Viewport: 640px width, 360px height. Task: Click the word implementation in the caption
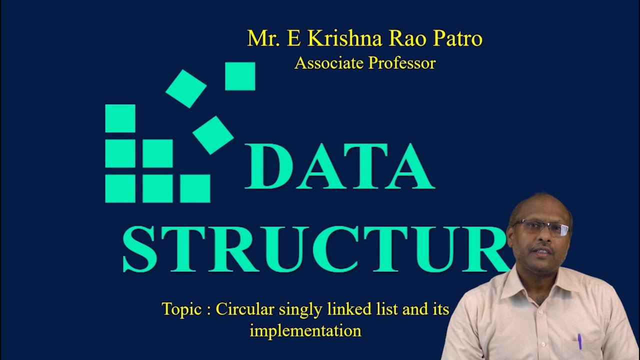pyautogui.click(x=305, y=330)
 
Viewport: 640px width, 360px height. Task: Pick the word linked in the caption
pyautogui.click(x=349, y=309)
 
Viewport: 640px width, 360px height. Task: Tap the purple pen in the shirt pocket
pyautogui.click(x=579, y=341)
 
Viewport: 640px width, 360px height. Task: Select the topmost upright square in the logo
pyautogui.click(x=240, y=76)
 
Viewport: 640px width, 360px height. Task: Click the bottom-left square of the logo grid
pyautogui.click(x=120, y=188)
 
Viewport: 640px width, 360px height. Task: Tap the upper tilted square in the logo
pyautogui.click(x=186, y=88)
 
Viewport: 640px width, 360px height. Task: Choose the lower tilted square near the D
pyautogui.click(x=213, y=135)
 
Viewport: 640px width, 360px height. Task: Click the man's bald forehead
pyautogui.click(x=540, y=207)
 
